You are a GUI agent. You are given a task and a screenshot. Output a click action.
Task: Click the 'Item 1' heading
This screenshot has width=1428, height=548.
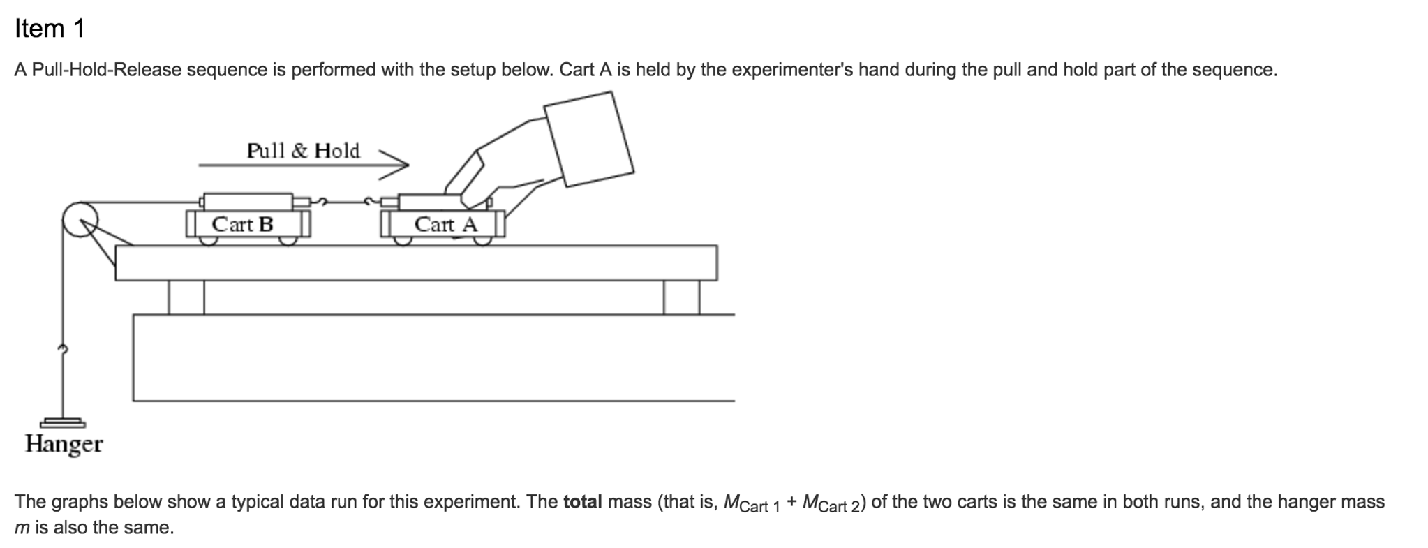[50, 29]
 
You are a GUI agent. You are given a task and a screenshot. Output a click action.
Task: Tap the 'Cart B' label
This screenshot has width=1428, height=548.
[242, 225]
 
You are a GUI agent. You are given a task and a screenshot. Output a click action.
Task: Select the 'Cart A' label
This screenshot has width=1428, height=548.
[445, 225]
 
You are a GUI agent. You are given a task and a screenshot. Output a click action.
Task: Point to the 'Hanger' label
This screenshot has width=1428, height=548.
[64, 444]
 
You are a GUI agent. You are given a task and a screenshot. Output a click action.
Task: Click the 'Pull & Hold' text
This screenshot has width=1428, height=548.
[303, 151]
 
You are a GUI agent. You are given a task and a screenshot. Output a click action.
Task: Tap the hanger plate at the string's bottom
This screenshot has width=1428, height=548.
[63, 422]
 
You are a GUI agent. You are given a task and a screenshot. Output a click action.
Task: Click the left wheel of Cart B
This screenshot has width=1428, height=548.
[207, 240]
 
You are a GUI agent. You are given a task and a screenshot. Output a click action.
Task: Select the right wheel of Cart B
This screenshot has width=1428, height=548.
[288, 240]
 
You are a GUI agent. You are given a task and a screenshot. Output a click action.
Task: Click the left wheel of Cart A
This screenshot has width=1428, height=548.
[403, 240]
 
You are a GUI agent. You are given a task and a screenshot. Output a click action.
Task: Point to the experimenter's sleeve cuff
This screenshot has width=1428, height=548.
[589, 140]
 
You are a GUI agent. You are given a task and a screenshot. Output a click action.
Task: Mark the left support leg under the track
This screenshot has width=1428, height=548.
[186, 297]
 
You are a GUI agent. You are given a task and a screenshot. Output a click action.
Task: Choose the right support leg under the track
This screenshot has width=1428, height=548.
[681, 297]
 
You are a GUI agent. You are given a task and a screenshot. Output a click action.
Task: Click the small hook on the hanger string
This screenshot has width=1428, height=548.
[63, 349]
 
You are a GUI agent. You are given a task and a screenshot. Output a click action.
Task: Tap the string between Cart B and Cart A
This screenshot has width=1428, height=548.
[345, 202]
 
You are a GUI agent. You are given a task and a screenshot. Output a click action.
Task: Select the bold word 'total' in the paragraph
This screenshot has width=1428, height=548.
[582, 502]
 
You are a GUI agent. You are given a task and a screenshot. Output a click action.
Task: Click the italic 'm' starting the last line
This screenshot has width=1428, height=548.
[22, 528]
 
